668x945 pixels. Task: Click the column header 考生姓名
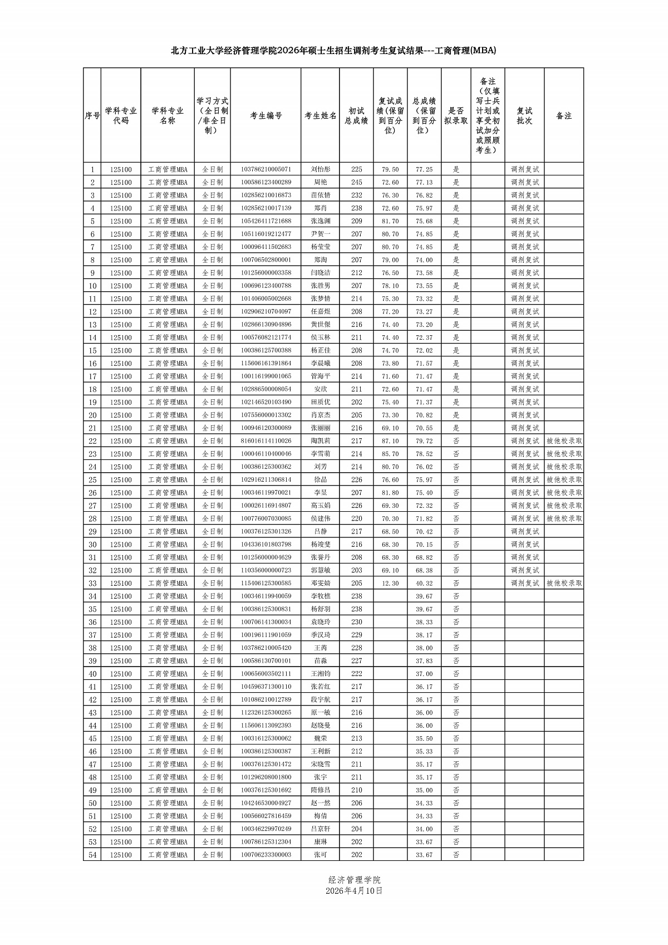(321, 116)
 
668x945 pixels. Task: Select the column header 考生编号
(266, 116)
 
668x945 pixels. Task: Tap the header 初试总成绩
(356, 116)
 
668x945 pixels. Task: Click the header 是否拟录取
(456, 116)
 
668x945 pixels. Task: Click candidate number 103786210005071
(266, 169)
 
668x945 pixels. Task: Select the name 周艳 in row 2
(321, 182)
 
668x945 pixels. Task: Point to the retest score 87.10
(390, 441)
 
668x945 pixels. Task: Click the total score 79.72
(424, 441)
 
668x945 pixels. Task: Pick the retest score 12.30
(390, 583)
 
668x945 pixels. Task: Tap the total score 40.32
(424, 583)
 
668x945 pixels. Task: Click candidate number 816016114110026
(266, 441)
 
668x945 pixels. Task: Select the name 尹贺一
(321, 234)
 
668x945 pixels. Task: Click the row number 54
(92, 855)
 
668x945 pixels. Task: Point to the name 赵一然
(321, 803)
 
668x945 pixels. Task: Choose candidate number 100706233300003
(266, 855)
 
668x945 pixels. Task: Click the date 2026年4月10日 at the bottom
(355, 890)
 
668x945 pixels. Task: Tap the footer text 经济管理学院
(355, 880)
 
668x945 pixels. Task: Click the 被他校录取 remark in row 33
(564, 583)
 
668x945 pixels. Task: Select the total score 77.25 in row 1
(424, 169)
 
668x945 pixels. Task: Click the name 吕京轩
(321, 829)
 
